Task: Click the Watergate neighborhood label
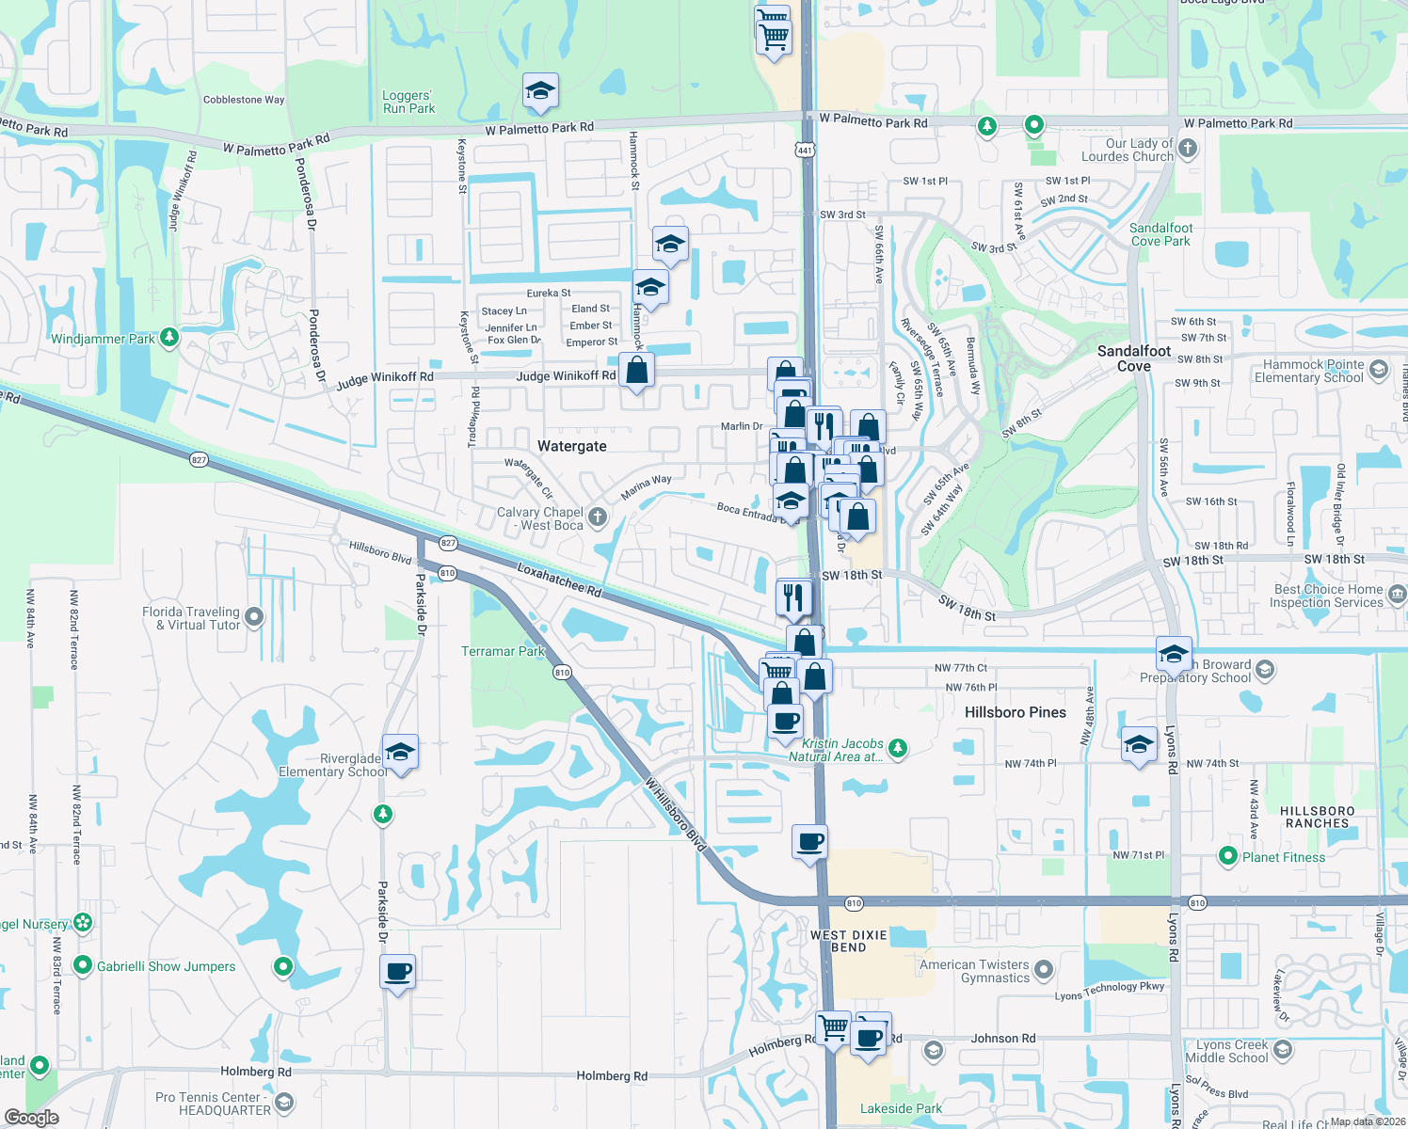571,446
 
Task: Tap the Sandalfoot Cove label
1134,358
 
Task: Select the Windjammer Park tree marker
169,337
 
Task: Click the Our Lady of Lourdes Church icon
1188,148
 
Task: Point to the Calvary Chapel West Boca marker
598,517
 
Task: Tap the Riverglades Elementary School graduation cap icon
401,753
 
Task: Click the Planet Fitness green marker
1227,856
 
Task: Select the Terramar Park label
503,651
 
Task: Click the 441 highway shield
804,150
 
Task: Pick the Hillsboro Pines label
1016,712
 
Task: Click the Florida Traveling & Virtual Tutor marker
255,617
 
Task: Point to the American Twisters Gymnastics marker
1043,970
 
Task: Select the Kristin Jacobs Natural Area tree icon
898,748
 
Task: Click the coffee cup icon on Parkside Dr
398,971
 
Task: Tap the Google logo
32,1118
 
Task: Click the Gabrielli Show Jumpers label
166,966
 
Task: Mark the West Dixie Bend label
848,941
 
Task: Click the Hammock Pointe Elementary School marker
1379,370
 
